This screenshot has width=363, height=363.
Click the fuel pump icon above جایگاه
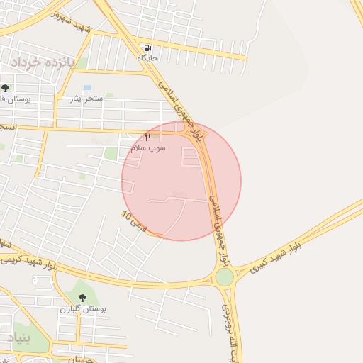click(146, 48)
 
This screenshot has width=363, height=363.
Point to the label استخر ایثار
click(89, 98)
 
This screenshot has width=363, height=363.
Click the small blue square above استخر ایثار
click(87, 87)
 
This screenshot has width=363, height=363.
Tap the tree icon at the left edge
click(6, 88)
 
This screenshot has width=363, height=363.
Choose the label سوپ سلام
click(148, 148)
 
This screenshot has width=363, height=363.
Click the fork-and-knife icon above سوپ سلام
click(148, 137)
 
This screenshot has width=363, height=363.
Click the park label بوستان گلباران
click(82, 310)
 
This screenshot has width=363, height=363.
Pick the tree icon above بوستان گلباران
click(82, 298)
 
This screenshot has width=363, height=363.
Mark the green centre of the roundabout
click(224, 277)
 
